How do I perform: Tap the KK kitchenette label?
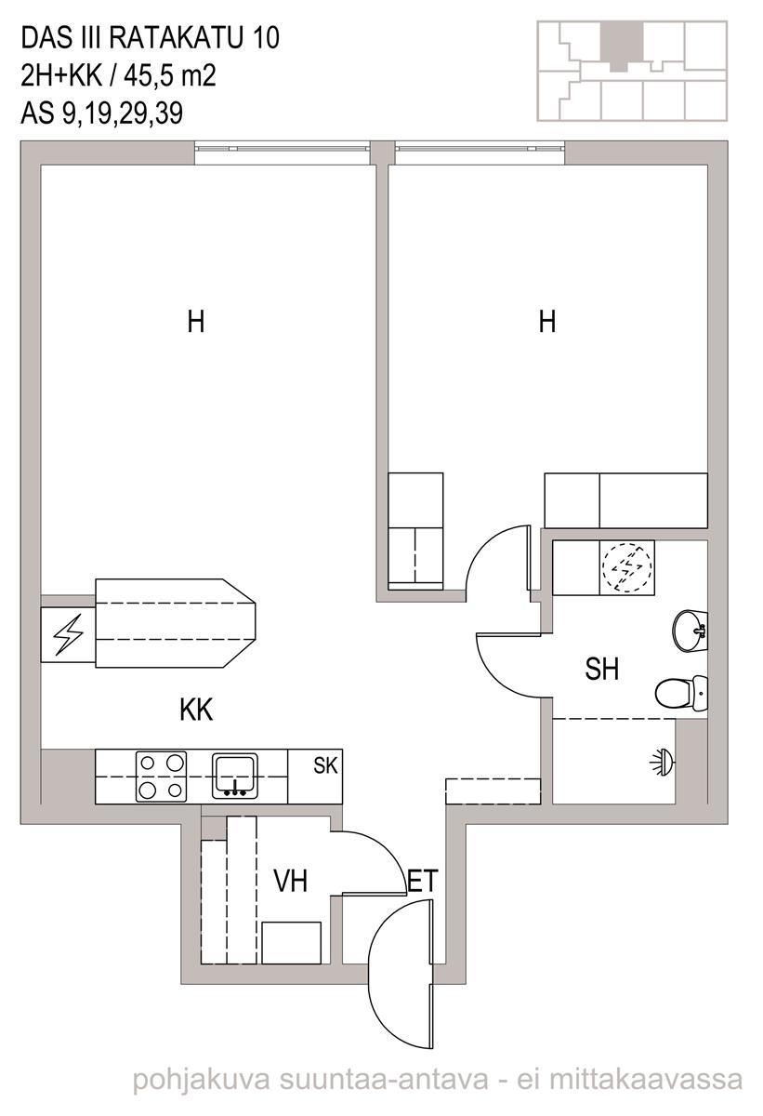click(196, 710)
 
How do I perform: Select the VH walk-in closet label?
click(291, 881)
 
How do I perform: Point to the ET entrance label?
click(423, 881)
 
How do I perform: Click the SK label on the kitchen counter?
click(325, 765)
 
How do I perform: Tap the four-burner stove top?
click(162, 777)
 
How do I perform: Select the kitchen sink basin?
click(235, 776)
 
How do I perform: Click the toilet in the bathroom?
click(681, 693)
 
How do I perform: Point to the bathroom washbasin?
click(690, 631)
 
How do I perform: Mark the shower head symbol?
click(663, 762)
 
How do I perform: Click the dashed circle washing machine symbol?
click(627, 567)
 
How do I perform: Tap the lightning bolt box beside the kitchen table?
click(68, 634)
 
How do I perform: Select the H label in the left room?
click(195, 322)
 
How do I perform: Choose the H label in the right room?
click(547, 322)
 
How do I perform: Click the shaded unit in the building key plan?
click(622, 46)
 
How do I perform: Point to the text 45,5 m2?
click(170, 76)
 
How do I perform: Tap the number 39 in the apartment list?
click(169, 113)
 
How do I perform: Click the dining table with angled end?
click(176, 623)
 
